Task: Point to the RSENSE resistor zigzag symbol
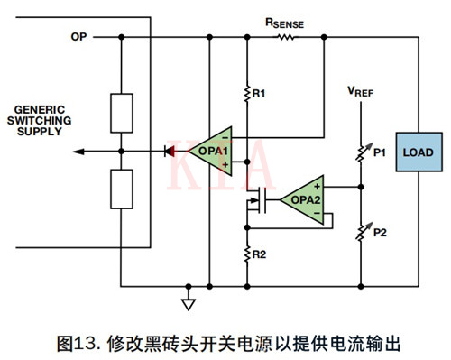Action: [x=286, y=37]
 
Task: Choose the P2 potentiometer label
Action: [x=379, y=232]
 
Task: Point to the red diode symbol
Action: [x=169, y=152]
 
